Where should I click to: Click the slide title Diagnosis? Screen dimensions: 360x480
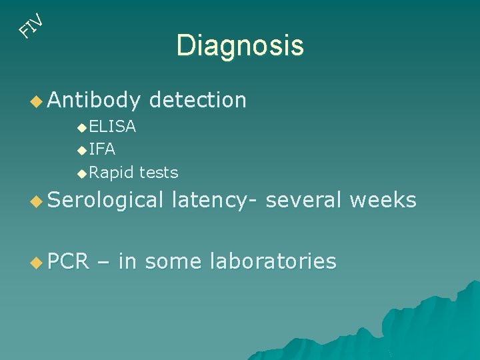coord(240,46)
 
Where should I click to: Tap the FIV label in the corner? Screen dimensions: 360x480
coord(31,25)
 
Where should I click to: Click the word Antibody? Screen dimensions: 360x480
coord(94,100)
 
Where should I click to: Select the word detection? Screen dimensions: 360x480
coord(198,100)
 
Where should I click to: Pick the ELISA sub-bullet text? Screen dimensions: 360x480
coord(112,126)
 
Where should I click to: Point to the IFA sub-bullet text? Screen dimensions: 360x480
coord(102,149)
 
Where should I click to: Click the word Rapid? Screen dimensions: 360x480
coord(111,173)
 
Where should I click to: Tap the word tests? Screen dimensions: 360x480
coord(159,173)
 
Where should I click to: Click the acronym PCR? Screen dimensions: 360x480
coord(68,261)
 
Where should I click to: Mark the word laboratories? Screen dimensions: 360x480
coord(273,261)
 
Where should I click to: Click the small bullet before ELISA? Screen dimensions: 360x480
coord(81,127)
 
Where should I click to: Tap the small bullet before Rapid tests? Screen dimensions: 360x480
coord(81,173)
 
